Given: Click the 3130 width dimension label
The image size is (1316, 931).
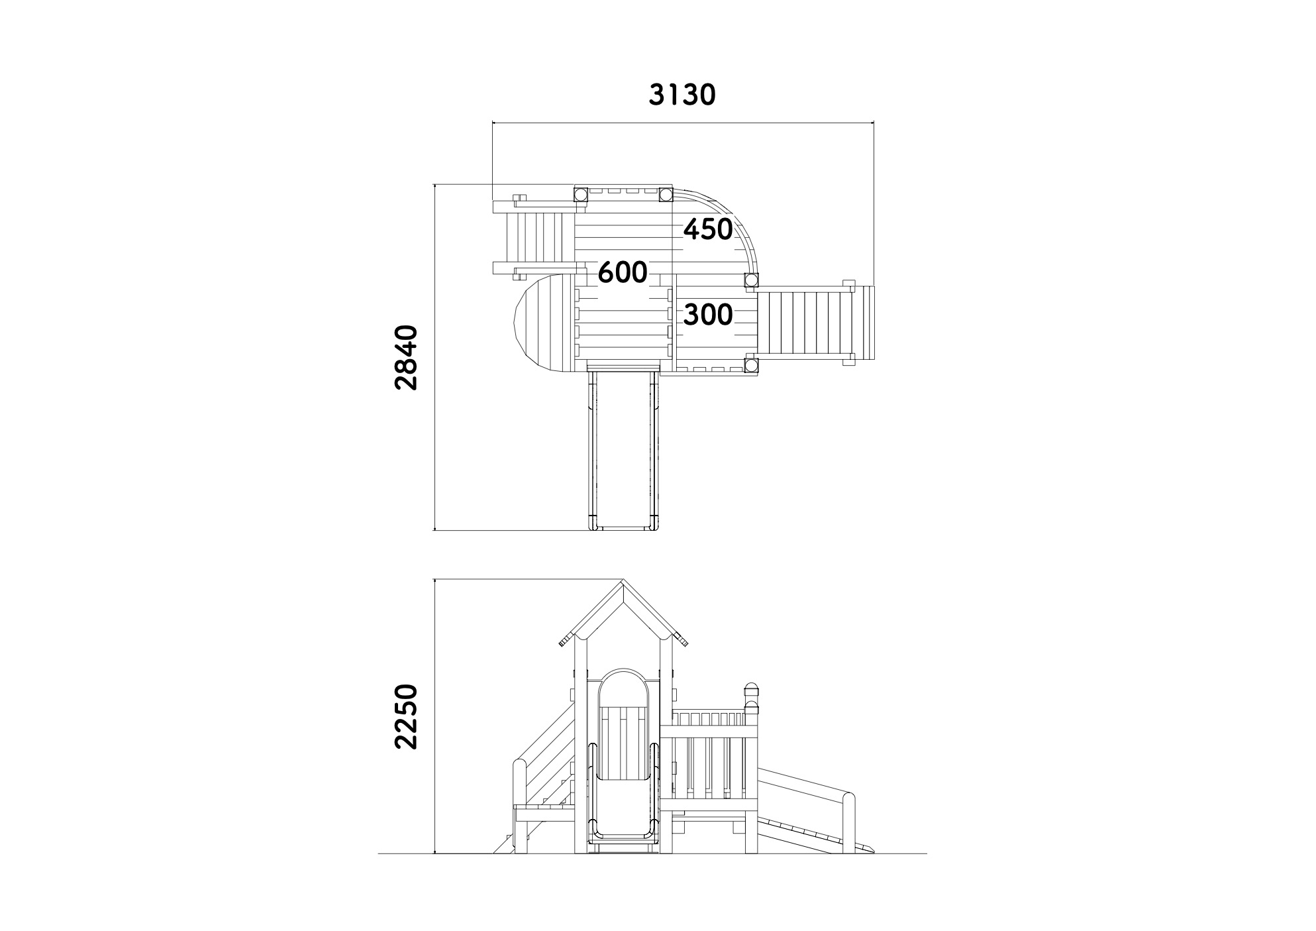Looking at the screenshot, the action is (x=682, y=95).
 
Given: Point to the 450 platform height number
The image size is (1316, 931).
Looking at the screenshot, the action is (x=708, y=229).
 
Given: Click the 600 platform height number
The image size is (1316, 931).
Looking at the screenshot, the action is (x=623, y=272).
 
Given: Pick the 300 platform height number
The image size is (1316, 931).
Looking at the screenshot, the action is (x=708, y=315).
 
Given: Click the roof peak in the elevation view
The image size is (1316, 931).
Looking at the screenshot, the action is (x=623, y=582).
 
